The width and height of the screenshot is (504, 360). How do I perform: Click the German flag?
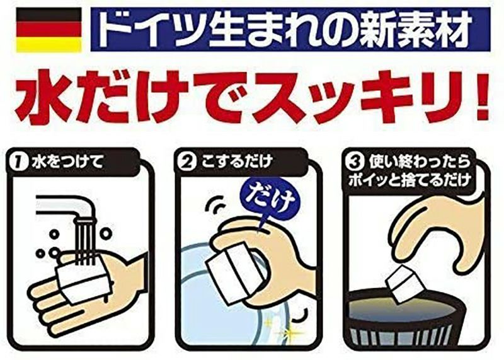pyautogui.click(x=49, y=30)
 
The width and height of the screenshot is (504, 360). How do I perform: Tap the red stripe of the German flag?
pyautogui.click(x=49, y=30)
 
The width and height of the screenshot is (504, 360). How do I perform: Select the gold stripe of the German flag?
pyautogui.click(x=49, y=44)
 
